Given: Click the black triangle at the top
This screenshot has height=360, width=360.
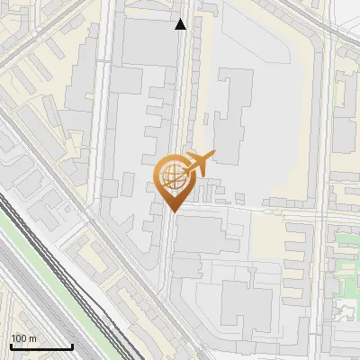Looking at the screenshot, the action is [181, 24].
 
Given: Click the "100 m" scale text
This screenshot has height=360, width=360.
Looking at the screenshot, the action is [22, 338].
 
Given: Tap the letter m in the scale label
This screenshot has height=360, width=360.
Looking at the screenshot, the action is [33, 338].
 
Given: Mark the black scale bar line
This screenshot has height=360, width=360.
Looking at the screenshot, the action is [41, 346].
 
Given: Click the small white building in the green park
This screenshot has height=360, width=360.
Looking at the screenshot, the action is [343, 310].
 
